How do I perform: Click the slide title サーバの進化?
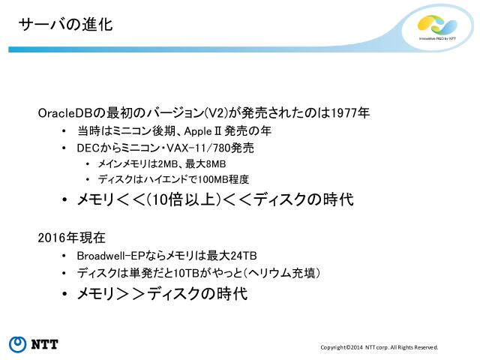click(x=65, y=25)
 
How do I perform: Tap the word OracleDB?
click(x=64, y=113)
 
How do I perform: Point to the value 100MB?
click(x=212, y=180)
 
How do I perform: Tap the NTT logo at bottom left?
click(x=34, y=344)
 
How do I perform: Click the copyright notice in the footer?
click(x=379, y=347)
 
